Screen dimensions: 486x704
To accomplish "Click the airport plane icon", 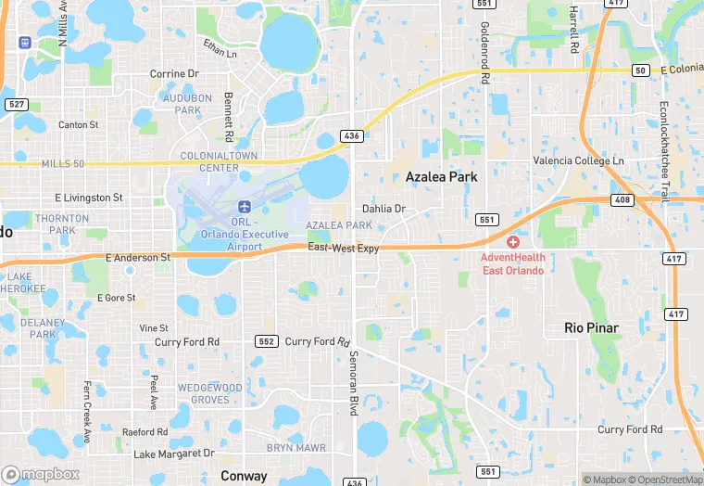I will click(x=245, y=205).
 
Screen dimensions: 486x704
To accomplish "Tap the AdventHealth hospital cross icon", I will click(x=512, y=241).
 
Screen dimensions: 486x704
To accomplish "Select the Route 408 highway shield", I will click(x=622, y=199).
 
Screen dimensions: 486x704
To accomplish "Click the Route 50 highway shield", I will click(x=640, y=70).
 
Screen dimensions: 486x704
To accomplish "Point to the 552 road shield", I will click(x=267, y=342).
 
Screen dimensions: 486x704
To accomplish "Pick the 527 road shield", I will click(x=15, y=104).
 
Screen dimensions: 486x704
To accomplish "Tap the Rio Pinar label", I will click(x=592, y=327).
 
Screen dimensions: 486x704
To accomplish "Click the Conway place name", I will click(x=244, y=476).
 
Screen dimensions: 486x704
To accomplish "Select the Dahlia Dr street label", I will click(x=383, y=209).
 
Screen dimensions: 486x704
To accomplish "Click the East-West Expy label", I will click(x=344, y=249).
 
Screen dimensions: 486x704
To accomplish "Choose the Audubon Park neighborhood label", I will click(x=182, y=104).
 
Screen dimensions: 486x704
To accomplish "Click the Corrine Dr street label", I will click(x=174, y=73).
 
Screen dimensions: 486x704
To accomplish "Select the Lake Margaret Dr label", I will click(x=174, y=454).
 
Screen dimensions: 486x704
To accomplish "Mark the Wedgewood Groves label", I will click(x=210, y=393).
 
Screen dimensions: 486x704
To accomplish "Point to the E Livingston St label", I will click(x=89, y=198).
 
